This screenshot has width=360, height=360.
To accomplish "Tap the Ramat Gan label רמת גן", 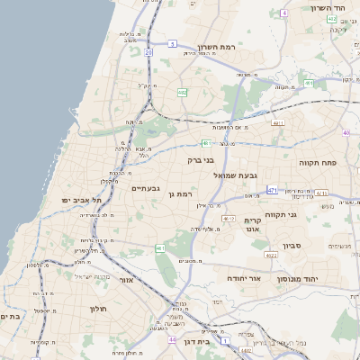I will tap(183, 193).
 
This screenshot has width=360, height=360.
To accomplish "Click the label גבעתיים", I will tap(146, 188).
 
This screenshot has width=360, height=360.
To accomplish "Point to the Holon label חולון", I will tap(98, 309).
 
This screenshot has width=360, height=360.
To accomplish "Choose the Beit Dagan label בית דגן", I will tap(208, 342).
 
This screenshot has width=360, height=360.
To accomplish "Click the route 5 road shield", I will tap(171, 43).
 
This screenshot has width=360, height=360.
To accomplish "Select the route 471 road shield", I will tap(273, 191).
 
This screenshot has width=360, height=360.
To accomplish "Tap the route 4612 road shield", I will tap(229, 219).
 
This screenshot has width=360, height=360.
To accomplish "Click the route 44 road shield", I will tap(172, 340).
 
